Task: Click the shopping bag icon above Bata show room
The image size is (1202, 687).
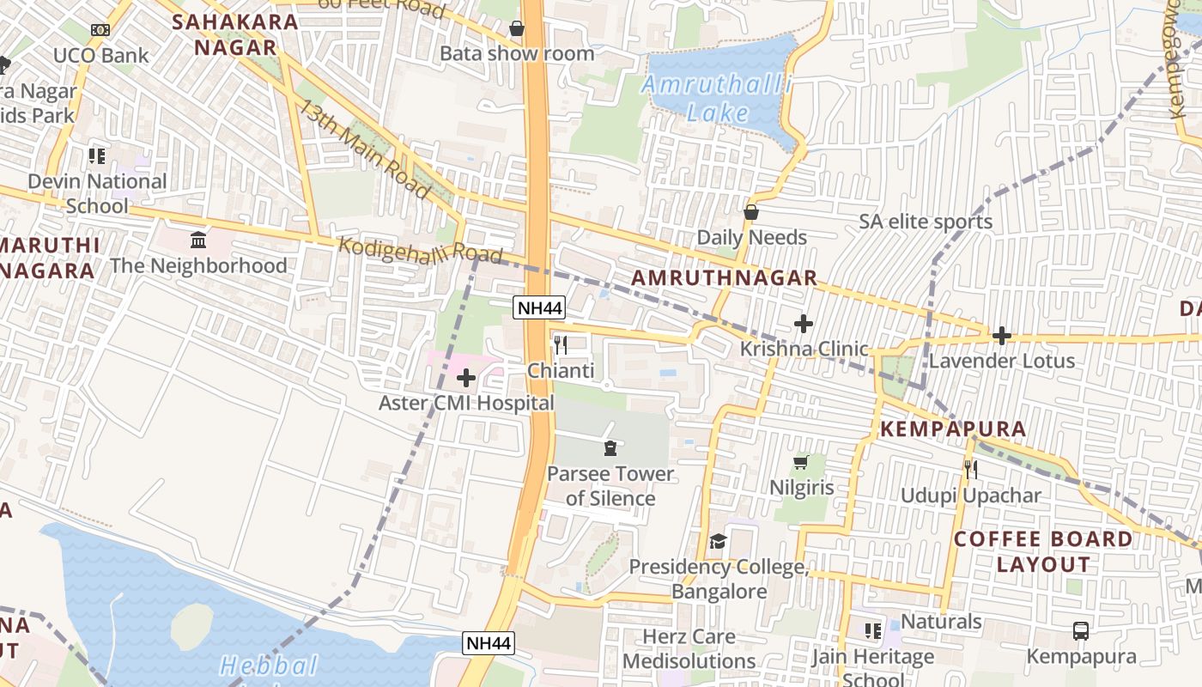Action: pyautogui.click(x=517, y=29)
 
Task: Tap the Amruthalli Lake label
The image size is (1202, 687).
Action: pyautogui.click(x=716, y=99)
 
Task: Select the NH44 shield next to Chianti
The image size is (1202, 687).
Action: pyautogui.click(x=539, y=307)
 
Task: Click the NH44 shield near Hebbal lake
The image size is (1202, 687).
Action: pyautogui.click(x=489, y=642)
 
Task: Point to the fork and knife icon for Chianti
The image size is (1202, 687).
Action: pyautogui.click(x=561, y=345)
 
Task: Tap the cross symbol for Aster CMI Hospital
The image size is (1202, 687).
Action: pyautogui.click(x=466, y=378)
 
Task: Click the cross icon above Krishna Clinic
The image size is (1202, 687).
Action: pyautogui.click(x=804, y=324)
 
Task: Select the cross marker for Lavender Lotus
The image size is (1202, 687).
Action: pyautogui.click(x=1001, y=336)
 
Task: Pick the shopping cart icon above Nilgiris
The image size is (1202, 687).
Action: pyautogui.click(x=801, y=463)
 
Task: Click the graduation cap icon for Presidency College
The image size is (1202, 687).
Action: pyautogui.click(x=718, y=541)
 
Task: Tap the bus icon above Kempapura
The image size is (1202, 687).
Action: pyautogui.click(x=1081, y=631)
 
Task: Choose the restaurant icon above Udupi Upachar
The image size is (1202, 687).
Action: pyautogui.click(x=970, y=470)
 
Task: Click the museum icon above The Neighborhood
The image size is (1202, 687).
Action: pyautogui.click(x=198, y=240)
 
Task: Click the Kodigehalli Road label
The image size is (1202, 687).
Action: pyautogui.click(x=420, y=250)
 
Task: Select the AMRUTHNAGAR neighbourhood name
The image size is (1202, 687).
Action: pyautogui.click(x=725, y=277)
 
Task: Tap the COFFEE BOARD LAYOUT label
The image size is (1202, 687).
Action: pyautogui.click(x=1043, y=551)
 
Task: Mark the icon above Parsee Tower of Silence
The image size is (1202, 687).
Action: pyautogui.click(x=610, y=447)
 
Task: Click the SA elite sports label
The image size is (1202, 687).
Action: pyautogui.click(x=926, y=222)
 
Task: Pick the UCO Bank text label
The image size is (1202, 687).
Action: pyautogui.click(x=100, y=56)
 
